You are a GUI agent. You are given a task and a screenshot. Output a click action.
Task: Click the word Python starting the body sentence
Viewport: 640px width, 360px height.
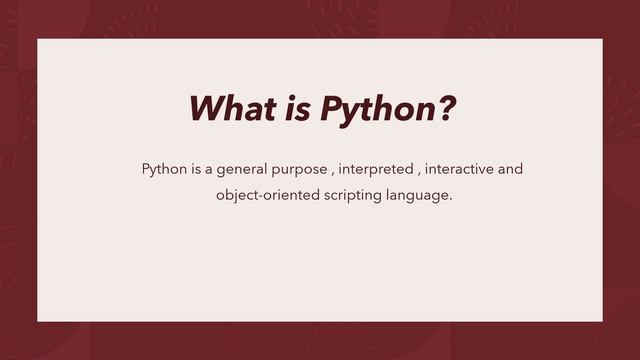[x=164, y=169]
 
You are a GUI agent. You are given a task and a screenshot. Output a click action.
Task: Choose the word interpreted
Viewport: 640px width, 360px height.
[x=376, y=170]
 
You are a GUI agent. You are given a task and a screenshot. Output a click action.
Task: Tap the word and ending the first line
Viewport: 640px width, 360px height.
[x=510, y=169]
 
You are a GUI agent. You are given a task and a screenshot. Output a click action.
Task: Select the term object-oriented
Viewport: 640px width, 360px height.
[x=267, y=195]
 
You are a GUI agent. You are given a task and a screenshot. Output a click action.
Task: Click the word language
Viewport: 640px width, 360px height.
[x=418, y=196]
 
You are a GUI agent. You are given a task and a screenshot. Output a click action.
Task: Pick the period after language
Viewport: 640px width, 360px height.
[x=451, y=199]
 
